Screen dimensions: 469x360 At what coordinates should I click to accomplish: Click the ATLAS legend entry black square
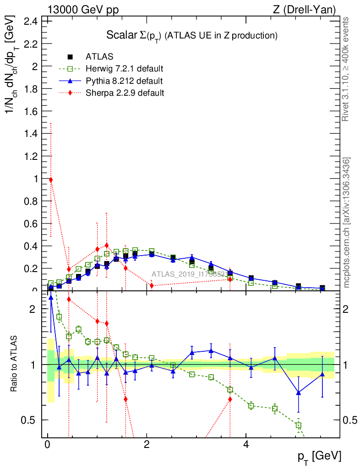pos(70,57)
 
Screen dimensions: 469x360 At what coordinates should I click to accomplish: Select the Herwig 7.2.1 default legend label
pos(125,69)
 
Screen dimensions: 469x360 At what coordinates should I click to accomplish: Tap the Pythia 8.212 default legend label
pos(124,81)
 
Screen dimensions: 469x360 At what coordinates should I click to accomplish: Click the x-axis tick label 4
pos(246,445)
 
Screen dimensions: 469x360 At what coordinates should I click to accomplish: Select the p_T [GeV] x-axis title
pos(320,456)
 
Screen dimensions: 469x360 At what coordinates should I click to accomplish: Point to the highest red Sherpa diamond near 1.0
pos(51,180)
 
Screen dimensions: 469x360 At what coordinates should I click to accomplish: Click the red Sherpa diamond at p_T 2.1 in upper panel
pos(152,286)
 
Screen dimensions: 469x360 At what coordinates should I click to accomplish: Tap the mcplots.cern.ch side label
pos(347,223)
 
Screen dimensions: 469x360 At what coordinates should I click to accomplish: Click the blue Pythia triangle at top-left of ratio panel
pos(51,297)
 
